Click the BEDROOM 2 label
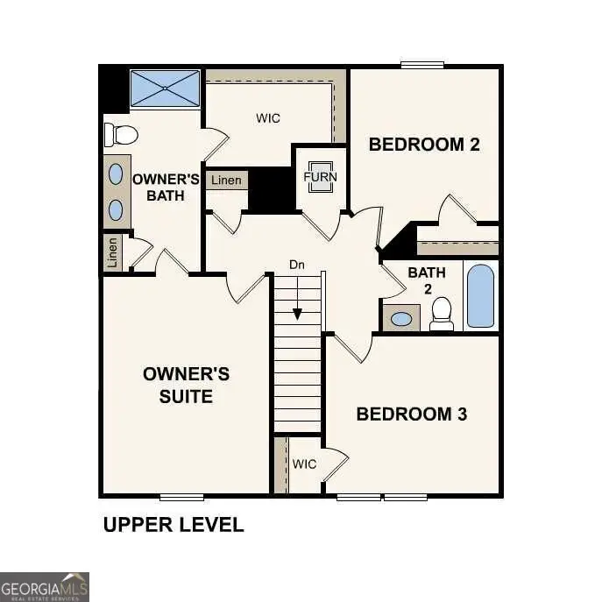424,145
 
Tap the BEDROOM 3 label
411,414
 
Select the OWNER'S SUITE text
186,385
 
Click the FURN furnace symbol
320,176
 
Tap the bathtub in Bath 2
480,295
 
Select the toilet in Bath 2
442,313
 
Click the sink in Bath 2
401,318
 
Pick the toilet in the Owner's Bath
121,134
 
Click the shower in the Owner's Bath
166,89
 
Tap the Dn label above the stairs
298,264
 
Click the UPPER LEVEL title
174,525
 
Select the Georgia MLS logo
45,586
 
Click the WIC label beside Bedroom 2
268,118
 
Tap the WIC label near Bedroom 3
304,464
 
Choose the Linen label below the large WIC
226,181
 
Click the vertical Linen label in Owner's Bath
112,253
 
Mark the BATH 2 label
427,280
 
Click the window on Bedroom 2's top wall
422,64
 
